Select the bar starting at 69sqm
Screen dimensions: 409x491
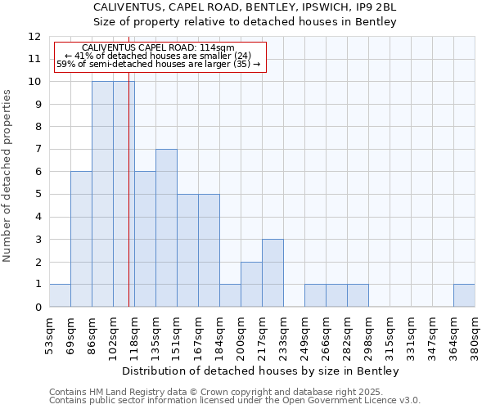point(81,239)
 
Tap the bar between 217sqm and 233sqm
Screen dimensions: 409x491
point(273,272)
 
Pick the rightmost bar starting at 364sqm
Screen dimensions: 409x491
point(464,295)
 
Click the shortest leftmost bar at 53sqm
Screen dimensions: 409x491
point(60,295)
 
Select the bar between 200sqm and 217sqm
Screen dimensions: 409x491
point(251,284)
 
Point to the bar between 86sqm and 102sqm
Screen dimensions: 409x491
point(102,194)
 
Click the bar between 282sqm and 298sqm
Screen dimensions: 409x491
point(358,295)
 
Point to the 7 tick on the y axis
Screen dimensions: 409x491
point(37,150)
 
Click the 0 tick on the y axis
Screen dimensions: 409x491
point(37,308)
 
